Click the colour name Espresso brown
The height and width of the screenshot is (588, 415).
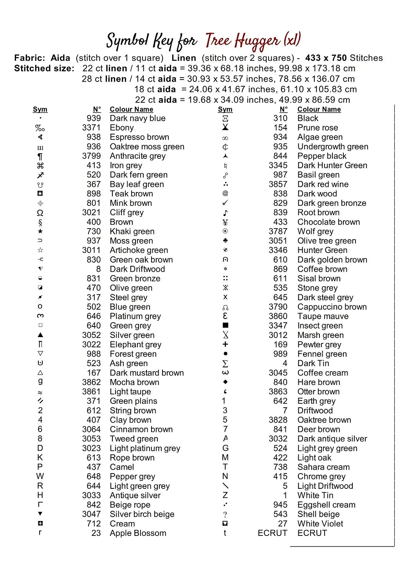(x=139, y=137)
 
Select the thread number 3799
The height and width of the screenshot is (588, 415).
(x=91, y=156)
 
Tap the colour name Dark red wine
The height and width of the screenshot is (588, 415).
(x=323, y=184)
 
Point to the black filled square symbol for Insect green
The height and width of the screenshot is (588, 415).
(x=225, y=325)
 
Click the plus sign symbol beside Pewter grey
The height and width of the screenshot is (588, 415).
(x=225, y=344)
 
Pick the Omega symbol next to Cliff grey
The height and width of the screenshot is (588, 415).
(x=40, y=213)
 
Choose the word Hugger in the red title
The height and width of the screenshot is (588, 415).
(x=258, y=41)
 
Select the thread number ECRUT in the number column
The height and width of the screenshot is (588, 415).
(x=272, y=533)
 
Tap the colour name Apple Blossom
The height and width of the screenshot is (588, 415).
(x=138, y=533)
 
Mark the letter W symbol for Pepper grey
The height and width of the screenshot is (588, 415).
(x=40, y=476)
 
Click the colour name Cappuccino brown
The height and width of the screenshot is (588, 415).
(x=332, y=307)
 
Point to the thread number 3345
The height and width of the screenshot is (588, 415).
(x=278, y=165)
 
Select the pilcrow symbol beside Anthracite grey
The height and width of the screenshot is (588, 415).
(x=40, y=156)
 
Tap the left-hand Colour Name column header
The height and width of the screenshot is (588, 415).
(x=131, y=109)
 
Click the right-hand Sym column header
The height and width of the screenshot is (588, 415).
(x=225, y=109)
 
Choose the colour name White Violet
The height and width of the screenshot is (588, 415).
(x=320, y=524)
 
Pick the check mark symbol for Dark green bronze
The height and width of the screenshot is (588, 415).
(x=225, y=203)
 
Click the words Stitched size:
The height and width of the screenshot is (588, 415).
(x=44, y=69)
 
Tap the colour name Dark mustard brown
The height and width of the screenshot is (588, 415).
(x=146, y=373)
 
